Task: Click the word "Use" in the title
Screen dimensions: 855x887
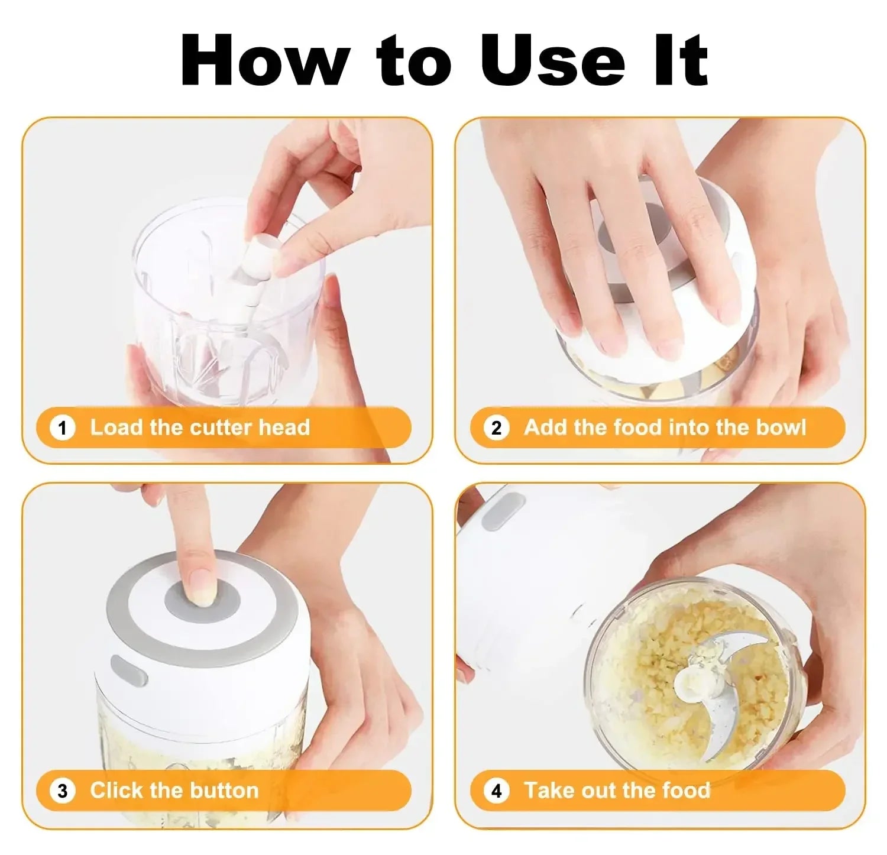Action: pos(552,60)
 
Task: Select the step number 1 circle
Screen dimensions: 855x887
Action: pos(63,427)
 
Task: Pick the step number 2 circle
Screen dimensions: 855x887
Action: pos(496,427)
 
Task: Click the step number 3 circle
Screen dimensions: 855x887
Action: pos(63,791)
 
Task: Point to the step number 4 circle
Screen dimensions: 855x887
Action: pos(496,791)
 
